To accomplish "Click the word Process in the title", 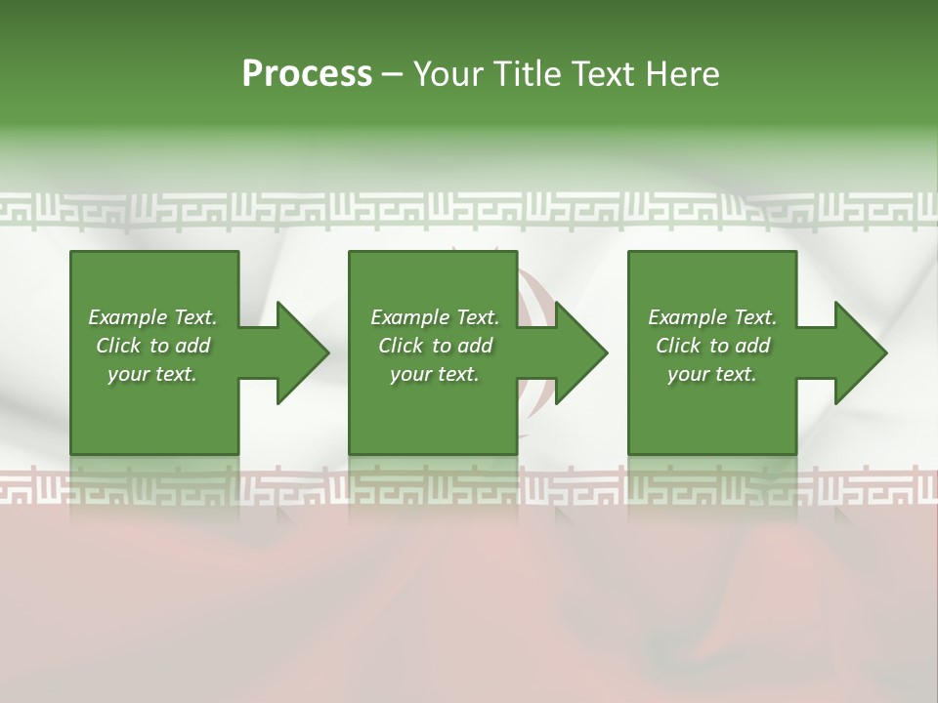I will pos(307,74).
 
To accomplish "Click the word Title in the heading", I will pos(524,74).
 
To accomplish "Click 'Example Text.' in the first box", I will pos(152,317).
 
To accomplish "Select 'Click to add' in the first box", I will pos(152,346).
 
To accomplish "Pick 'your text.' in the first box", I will pos(152,374).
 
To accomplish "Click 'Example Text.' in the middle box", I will pos(435,317).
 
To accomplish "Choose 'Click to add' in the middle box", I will pos(435,346).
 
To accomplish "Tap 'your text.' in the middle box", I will pos(435,374).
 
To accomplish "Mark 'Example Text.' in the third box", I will pos(712,317).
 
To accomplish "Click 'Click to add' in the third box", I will pos(712,346).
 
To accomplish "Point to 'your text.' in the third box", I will pos(712,374).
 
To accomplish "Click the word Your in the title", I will pos(447,74).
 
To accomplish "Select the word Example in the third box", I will pos(687,317).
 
